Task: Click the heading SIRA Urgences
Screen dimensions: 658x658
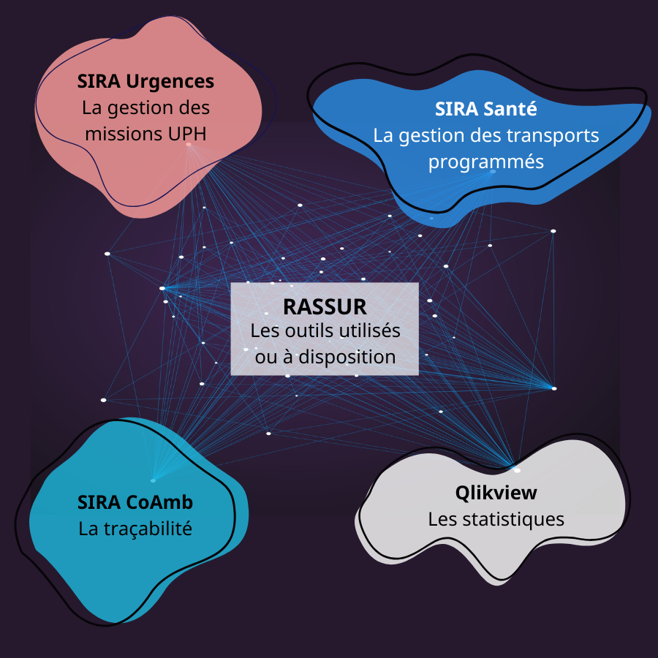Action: click(x=146, y=80)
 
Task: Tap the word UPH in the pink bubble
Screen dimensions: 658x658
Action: click(x=187, y=135)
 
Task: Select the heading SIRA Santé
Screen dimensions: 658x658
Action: click(x=486, y=110)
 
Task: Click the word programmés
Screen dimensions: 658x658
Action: click(x=486, y=162)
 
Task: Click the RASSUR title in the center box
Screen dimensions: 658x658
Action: click(x=325, y=306)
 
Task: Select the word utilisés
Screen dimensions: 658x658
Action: click(x=373, y=330)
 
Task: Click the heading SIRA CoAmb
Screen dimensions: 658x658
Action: click(x=135, y=502)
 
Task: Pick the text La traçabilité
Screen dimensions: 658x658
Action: click(x=135, y=528)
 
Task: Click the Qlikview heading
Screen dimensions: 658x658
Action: click(x=496, y=493)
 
